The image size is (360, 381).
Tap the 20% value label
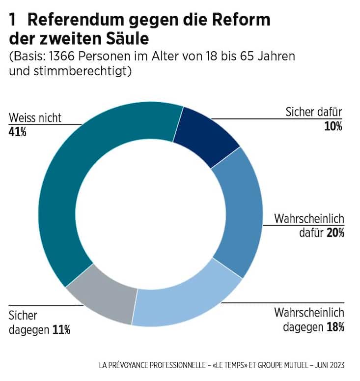335,233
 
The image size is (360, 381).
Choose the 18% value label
335,326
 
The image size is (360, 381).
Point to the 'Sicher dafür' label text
313,112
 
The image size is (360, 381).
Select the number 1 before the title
13,20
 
